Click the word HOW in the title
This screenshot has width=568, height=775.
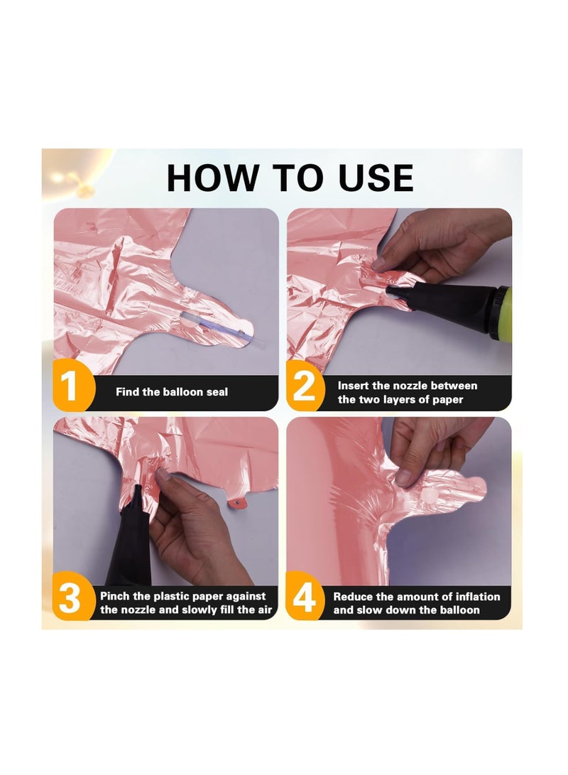(x=213, y=178)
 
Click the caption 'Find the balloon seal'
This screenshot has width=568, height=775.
(x=172, y=392)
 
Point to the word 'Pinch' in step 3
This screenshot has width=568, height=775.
(x=115, y=596)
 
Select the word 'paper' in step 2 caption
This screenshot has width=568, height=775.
(x=447, y=399)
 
